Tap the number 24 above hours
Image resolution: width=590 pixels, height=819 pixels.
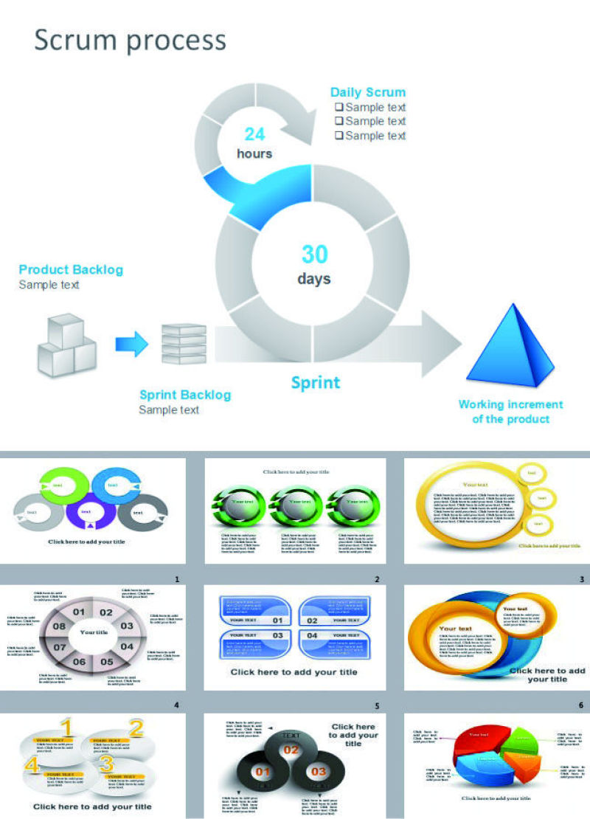click(254, 134)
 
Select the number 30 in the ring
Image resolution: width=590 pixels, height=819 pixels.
click(314, 255)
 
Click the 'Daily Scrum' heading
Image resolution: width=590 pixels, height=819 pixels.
click(367, 92)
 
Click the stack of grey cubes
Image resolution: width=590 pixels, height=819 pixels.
click(66, 345)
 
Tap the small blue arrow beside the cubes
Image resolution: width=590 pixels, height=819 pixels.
click(131, 343)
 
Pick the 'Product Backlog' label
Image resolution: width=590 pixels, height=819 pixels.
click(71, 270)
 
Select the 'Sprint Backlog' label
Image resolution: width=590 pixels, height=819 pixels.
click(184, 395)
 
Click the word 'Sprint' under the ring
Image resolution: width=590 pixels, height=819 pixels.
click(315, 382)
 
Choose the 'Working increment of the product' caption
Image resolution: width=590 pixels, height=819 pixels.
click(510, 412)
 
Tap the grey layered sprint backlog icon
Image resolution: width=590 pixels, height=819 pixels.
click(184, 343)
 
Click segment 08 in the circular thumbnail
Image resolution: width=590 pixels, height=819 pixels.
click(59, 626)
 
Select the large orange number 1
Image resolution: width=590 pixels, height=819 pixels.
click(66, 728)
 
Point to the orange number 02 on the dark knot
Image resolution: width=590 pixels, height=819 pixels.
click(291, 750)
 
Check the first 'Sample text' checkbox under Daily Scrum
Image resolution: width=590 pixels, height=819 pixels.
click(339, 107)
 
